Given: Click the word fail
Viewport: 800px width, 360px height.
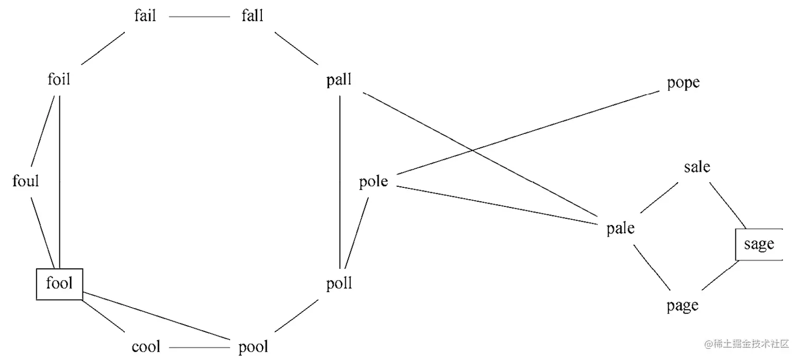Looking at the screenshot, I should [x=145, y=16].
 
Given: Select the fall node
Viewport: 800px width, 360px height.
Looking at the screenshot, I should [x=252, y=16].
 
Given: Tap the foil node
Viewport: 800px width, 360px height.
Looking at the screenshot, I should [x=59, y=80].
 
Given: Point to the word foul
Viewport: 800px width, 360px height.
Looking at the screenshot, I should [x=26, y=182].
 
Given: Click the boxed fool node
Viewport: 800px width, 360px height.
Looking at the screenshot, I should [x=59, y=284].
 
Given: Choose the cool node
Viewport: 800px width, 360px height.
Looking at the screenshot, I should [x=146, y=347].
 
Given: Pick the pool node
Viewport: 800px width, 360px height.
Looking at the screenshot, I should [x=253, y=347].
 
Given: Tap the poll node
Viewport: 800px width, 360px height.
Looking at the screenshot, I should [x=339, y=284].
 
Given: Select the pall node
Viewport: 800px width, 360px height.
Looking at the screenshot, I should [x=339, y=80].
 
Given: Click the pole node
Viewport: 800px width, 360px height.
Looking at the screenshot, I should [x=374, y=182].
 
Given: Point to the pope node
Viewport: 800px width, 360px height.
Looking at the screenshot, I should [x=683, y=83].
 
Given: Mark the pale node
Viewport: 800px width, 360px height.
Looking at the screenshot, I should [x=620, y=229].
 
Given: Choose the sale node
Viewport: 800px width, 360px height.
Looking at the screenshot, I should [x=697, y=167].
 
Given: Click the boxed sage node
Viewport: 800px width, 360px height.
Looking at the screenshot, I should [x=759, y=245].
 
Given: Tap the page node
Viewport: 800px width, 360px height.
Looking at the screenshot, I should [x=683, y=306].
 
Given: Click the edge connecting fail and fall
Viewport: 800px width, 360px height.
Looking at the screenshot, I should [x=199, y=16].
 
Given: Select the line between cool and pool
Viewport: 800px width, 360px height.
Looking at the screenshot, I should [x=199, y=348].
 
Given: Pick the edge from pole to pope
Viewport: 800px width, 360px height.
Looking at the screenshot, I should [x=529, y=133].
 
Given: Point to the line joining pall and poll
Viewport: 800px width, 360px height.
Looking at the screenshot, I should [x=340, y=180].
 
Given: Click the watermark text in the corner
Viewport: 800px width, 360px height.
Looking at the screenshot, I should [x=746, y=344].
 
